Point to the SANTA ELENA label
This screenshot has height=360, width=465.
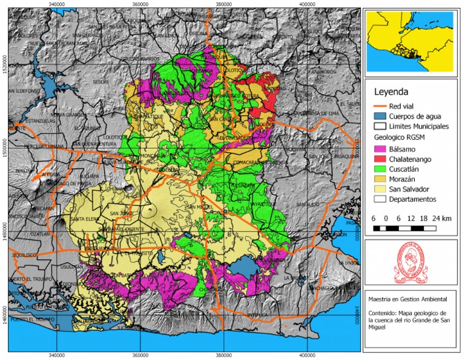pos(85,219)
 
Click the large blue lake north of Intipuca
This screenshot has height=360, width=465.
pos(245,266)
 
